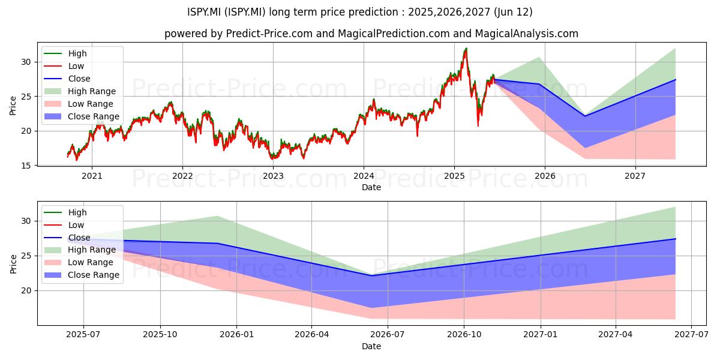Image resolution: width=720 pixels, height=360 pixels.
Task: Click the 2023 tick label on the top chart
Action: pos(273,176)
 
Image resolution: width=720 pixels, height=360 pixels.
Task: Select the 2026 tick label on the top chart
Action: pos(545,176)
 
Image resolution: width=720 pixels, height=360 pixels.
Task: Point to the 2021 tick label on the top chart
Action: pos(92,176)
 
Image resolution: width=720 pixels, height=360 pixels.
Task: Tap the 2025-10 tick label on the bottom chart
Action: pos(160,335)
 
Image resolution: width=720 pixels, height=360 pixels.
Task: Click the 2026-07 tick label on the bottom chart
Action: pos(388,335)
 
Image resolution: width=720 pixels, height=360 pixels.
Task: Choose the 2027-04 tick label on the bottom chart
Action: pos(616,335)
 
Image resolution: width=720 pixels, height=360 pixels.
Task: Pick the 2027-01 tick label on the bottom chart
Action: pos(541,335)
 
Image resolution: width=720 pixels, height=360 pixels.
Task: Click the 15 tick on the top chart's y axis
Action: pos(26,166)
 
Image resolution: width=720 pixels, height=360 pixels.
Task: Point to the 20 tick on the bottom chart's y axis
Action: pos(26,290)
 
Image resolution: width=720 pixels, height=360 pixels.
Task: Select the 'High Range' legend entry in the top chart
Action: pos(80,91)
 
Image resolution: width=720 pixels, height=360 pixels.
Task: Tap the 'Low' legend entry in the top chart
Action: pos(64,66)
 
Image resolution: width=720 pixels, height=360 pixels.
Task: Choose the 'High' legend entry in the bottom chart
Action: pos(65,212)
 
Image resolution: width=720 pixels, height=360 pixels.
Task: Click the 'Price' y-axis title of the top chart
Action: pos(13,106)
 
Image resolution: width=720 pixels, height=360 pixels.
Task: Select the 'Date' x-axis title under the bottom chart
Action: pos(371,346)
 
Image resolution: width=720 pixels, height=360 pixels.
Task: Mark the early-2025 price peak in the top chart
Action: pos(466,49)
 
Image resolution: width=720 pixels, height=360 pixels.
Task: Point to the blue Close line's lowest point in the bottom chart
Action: pos(371,275)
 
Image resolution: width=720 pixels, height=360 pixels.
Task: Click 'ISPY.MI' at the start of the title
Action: pos(204,12)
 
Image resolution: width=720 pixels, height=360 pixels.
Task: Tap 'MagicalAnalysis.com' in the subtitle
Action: pos(527,34)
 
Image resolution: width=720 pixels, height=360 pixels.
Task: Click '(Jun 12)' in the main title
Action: pos(514,12)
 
